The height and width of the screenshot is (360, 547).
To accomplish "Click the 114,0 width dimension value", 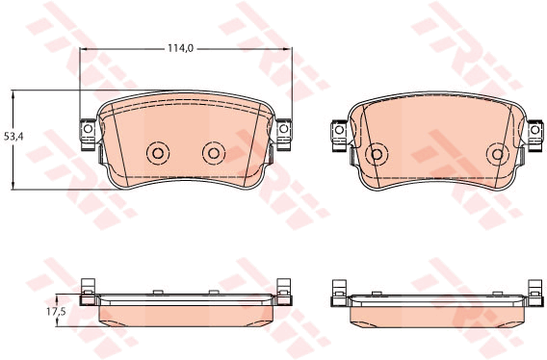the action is tap(180, 48).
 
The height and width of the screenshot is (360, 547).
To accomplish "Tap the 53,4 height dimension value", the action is tap(13, 137).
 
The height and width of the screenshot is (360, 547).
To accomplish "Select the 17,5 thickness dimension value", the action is tap(56, 311).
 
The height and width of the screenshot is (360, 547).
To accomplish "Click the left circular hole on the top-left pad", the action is tap(158, 153).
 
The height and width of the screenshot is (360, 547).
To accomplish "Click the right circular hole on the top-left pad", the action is tap(214, 153).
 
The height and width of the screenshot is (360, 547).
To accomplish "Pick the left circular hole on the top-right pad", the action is tap(377, 154).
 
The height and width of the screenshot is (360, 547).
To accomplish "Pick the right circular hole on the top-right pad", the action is tap(498, 154).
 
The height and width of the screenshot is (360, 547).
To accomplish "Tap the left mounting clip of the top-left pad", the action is tap(88, 135).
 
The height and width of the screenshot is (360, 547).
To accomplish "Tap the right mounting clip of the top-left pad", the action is tap(284, 135).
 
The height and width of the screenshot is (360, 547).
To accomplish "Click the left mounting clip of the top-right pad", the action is tap(338, 136).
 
